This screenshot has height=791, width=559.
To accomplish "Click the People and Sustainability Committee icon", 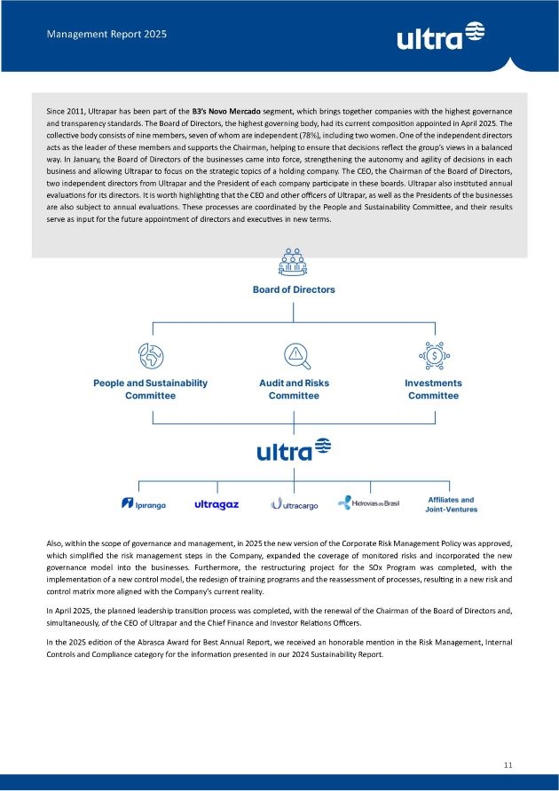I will pyautogui.click(x=150, y=356).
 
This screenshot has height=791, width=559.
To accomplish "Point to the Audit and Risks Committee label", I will pyautogui.click(x=294, y=389).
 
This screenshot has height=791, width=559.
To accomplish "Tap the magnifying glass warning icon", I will pyautogui.click(x=294, y=356).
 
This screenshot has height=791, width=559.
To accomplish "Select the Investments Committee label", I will pyautogui.click(x=433, y=389).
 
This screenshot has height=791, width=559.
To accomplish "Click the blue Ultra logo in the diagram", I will pyautogui.click(x=294, y=450).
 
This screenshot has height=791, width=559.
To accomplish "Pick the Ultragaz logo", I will pyautogui.click(x=217, y=504).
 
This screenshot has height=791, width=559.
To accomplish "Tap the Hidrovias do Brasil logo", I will pyautogui.click(x=369, y=503).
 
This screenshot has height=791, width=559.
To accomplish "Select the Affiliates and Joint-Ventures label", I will pyautogui.click(x=451, y=504).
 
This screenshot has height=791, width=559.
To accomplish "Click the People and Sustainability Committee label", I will pyautogui.click(x=150, y=389).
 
